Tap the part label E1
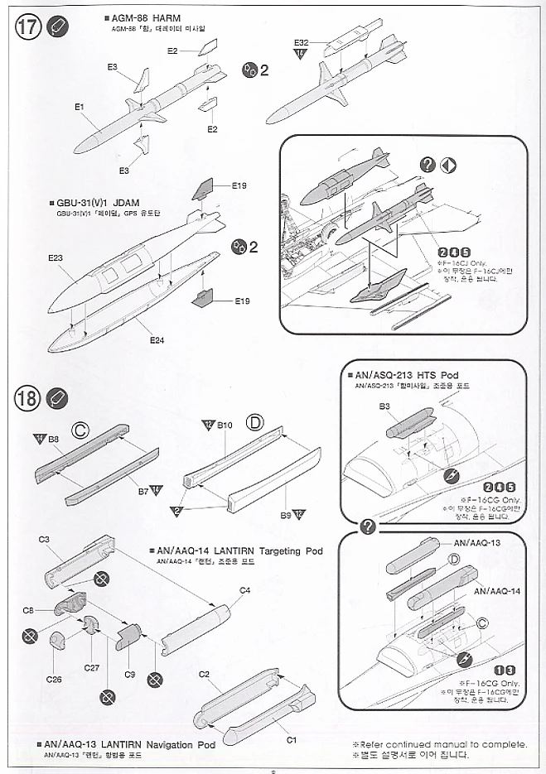(x=80, y=106)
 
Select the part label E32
(x=301, y=41)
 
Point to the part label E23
(x=56, y=259)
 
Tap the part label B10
(x=225, y=425)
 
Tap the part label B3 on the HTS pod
(x=384, y=406)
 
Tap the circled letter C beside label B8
(x=80, y=430)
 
